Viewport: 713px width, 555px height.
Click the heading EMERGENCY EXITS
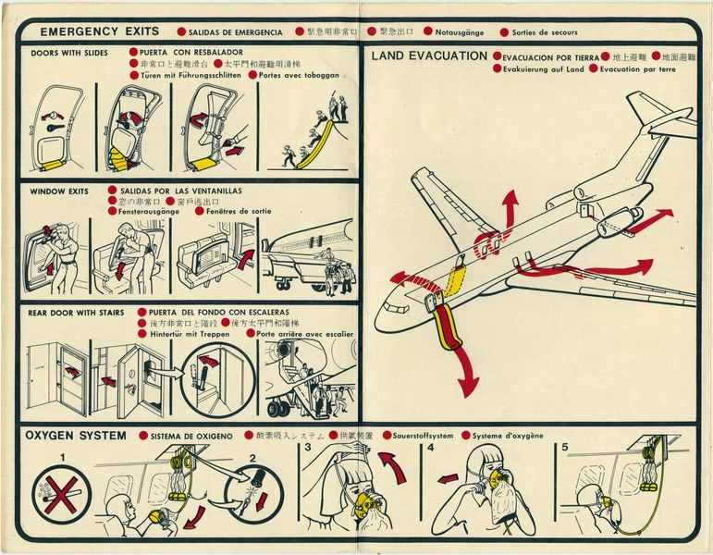coord(99,31)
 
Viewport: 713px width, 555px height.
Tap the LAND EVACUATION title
coord(429,56)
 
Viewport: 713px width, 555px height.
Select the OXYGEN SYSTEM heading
coord(76,435)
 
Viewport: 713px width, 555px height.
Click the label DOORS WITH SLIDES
coord(69,53)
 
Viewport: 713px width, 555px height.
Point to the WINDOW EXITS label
coord(59,191)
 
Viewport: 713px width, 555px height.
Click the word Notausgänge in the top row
coord(459,32)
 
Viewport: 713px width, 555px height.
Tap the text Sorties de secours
coord(544,32)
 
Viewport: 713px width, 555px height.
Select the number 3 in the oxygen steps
coord(306,448)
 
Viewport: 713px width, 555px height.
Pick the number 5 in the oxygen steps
coord(564,448)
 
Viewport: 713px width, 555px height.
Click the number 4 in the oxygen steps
coord(431,448)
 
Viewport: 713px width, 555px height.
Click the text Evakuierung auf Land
coord(543,69)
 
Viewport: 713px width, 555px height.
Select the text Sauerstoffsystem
coord(423,435)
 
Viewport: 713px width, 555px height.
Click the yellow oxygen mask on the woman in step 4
coord(498,482)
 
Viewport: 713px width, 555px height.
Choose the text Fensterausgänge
coord(149,211)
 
